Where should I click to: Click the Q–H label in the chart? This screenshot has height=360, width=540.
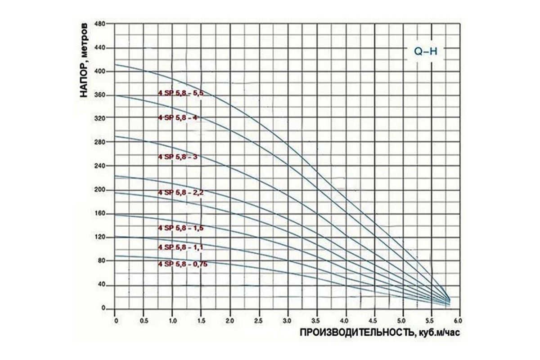426,51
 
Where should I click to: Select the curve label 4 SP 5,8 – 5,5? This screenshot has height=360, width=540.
180,93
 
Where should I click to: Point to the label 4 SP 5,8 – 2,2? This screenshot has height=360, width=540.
180,192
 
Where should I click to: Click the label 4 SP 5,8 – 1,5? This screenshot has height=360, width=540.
180,228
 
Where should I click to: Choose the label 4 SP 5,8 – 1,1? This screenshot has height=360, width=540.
180,247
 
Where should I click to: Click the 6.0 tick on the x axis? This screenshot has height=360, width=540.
458,320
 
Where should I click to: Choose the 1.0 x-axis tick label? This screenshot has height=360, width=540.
172,320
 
